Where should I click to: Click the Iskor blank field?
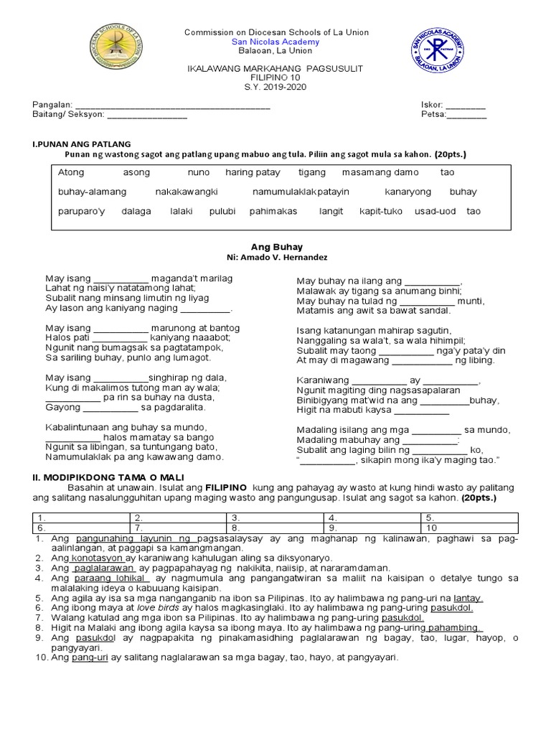466,105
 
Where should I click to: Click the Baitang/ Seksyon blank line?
147,114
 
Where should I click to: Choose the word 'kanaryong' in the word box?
408,192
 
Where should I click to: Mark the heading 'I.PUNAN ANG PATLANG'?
81,144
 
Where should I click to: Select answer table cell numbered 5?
470,517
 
